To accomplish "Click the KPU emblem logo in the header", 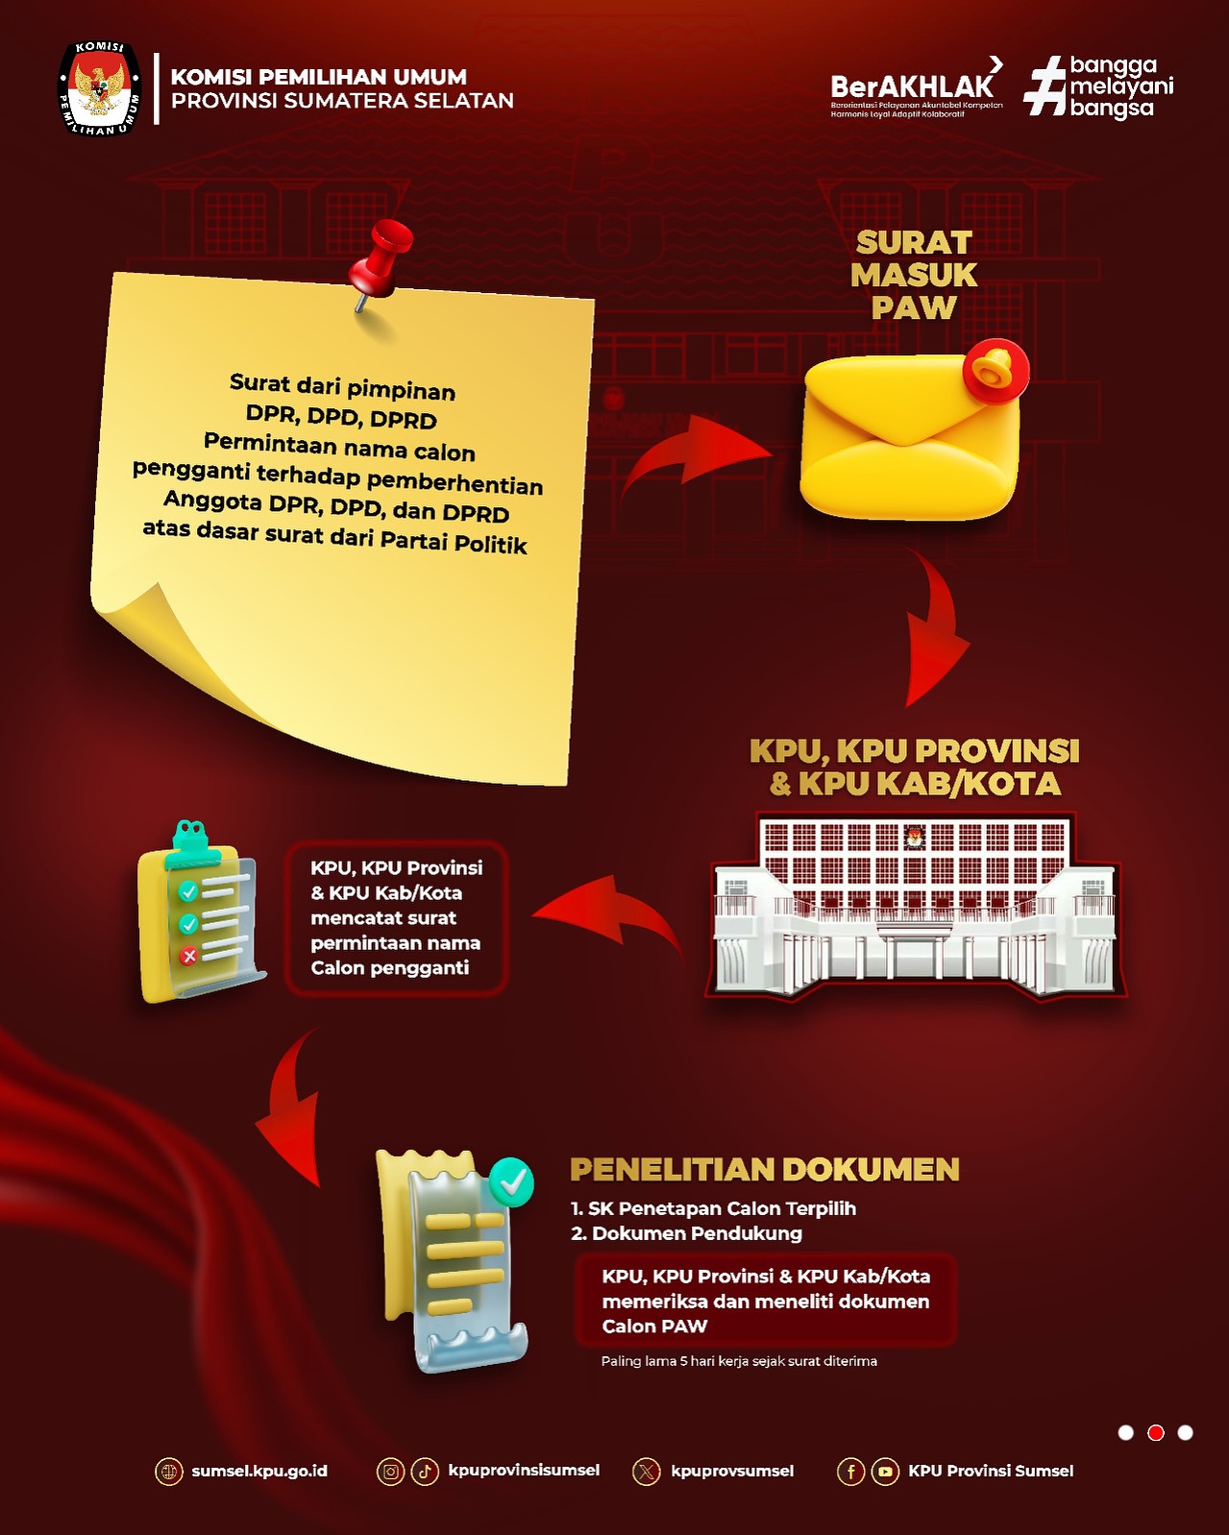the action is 99,88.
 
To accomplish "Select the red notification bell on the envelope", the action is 995,371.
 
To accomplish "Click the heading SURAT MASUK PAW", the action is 914,276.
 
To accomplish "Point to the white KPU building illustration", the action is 916,906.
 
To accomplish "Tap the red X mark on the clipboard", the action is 188,956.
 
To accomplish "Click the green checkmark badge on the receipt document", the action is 512,1182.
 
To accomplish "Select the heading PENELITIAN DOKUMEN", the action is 765,1169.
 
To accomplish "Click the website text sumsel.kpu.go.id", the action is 259,1471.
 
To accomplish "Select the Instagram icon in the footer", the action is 390,1472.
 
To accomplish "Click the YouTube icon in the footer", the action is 885,1472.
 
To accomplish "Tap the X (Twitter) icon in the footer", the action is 646,1472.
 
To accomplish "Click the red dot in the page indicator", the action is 1155,1432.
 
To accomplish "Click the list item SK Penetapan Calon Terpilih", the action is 714,1208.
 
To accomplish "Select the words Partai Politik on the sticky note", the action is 454,542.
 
